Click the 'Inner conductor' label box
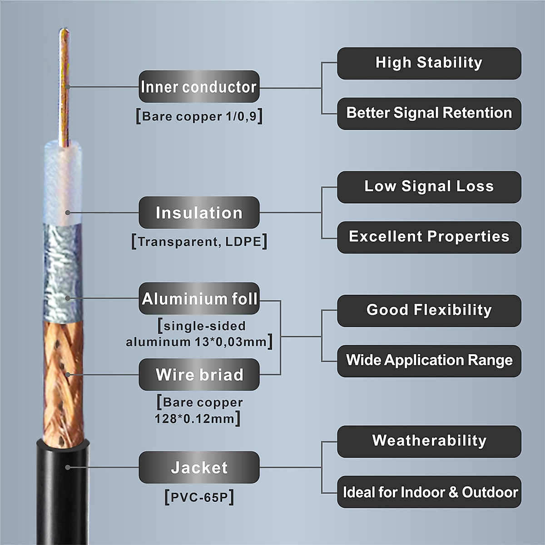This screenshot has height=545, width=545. click(199, 86)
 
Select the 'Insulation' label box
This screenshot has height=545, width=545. click(199, 213)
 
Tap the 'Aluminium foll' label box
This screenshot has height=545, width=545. click(199, 298)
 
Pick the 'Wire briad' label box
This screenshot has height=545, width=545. click(199, 375)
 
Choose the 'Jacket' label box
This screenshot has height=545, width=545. click(199, 467)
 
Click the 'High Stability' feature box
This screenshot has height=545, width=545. click(429, 63)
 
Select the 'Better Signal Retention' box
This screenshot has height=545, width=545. click(429, 113)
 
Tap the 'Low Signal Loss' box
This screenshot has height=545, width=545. click(429, 187)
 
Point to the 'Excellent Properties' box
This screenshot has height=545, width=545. click(429, 237)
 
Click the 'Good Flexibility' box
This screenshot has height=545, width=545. click(429, 311)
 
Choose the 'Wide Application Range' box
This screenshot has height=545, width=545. click(429, 361)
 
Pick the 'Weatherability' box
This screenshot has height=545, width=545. click(429, 441)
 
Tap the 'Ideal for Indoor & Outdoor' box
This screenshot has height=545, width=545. click(429, 492)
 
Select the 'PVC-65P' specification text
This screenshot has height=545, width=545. click(199, 497)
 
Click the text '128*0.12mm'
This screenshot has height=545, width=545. click(195, 418)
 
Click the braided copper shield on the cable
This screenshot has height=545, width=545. click(64, 381)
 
